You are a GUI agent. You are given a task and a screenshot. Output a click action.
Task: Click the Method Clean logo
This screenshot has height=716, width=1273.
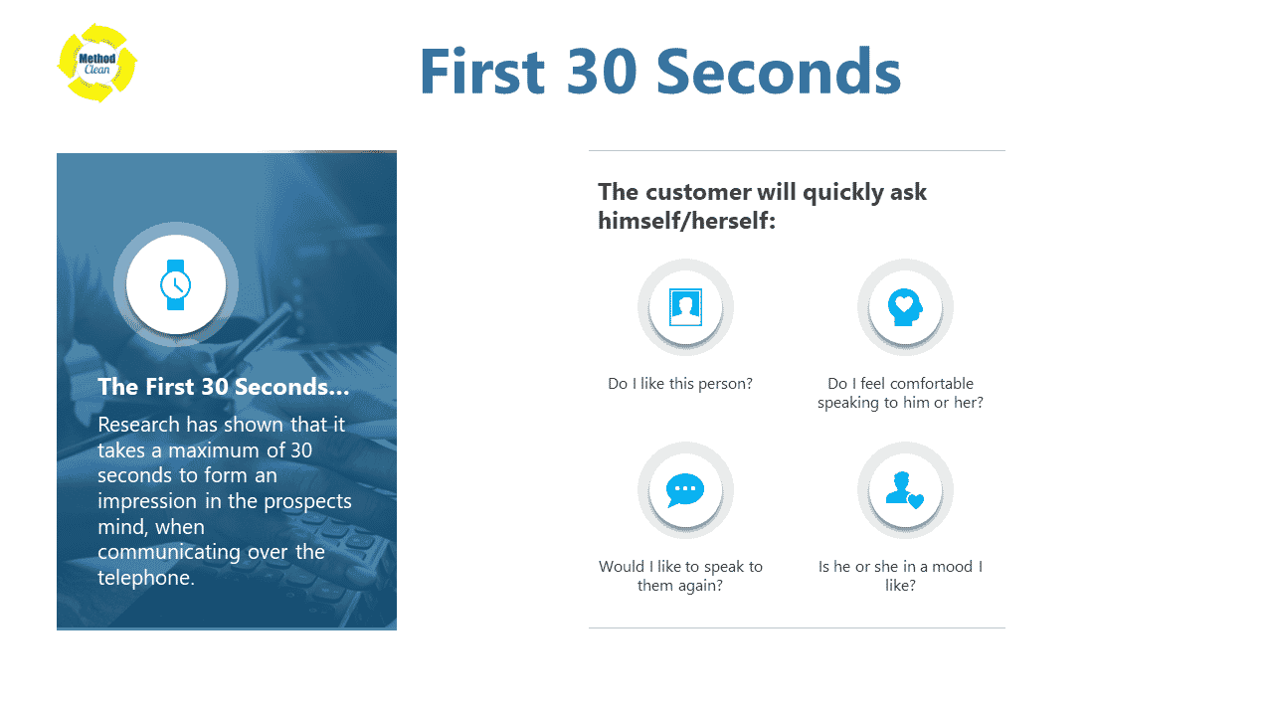[97, 63]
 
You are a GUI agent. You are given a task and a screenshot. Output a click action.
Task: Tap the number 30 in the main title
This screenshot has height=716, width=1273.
[602, 72]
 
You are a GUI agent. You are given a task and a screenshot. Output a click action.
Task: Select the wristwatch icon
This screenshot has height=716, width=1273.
[176, 284]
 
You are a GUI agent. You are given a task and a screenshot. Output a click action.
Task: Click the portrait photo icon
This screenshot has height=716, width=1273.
[685, 307]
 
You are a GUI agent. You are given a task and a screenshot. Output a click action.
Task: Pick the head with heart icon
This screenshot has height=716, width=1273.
[905, 307]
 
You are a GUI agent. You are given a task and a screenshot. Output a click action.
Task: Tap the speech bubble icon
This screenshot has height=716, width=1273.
[685, 490]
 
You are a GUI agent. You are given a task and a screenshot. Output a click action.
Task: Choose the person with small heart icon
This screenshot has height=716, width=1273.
[905, 490]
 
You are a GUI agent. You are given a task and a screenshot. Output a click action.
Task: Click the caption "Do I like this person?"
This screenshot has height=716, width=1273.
[680, 384]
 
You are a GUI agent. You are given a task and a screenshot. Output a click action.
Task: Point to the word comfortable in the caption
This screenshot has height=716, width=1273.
[932, 384]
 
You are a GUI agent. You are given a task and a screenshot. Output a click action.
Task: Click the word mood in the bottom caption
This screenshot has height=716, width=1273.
[953, 567]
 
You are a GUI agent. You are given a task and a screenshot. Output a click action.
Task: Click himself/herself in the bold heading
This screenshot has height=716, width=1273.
[686, 221]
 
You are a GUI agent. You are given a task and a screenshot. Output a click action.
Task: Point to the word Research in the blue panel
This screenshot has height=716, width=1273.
[138, 425]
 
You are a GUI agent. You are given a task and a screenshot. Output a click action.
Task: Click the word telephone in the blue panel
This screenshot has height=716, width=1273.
[146, 578]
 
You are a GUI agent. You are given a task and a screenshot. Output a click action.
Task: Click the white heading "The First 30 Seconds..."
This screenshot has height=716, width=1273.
[224, 387]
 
